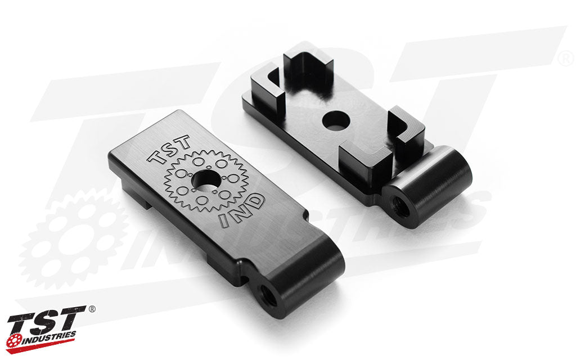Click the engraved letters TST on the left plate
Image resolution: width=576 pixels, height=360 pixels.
point(169,150)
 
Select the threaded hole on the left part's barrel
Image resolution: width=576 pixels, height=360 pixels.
point(268,294)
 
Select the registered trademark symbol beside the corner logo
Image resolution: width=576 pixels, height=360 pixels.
point(92,309)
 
